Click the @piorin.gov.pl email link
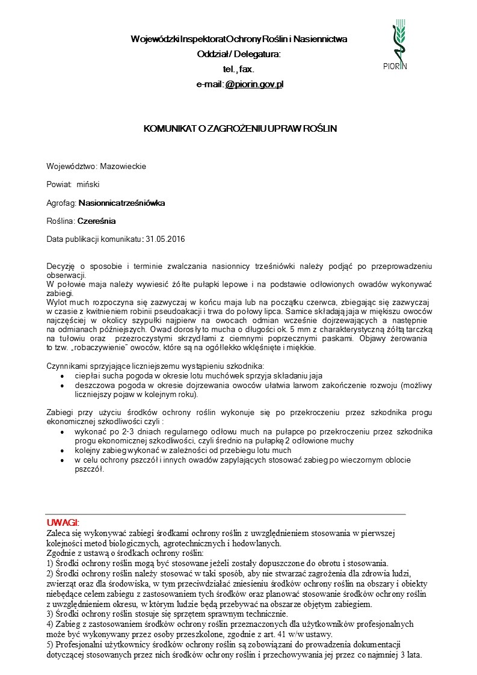click(254, 84)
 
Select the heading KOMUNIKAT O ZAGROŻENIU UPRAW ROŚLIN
click(240, 129)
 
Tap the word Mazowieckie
click(123, 166)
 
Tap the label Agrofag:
click(61, 203)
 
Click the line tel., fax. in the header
click(239, 69)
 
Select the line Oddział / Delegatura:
click(239, 54)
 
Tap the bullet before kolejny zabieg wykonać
click(63, 450)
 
